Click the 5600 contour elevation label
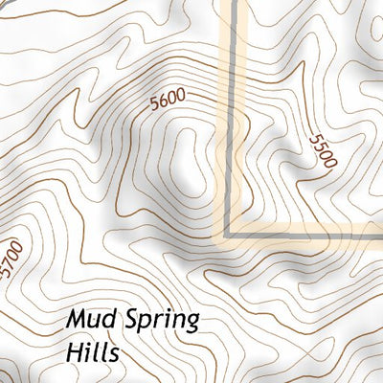pos(167,101)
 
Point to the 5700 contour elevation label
pos(11,259)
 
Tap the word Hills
pos(93,352)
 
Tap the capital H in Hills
pos(76,351)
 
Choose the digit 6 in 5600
pos(162,102)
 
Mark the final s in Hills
pos(113,354)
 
